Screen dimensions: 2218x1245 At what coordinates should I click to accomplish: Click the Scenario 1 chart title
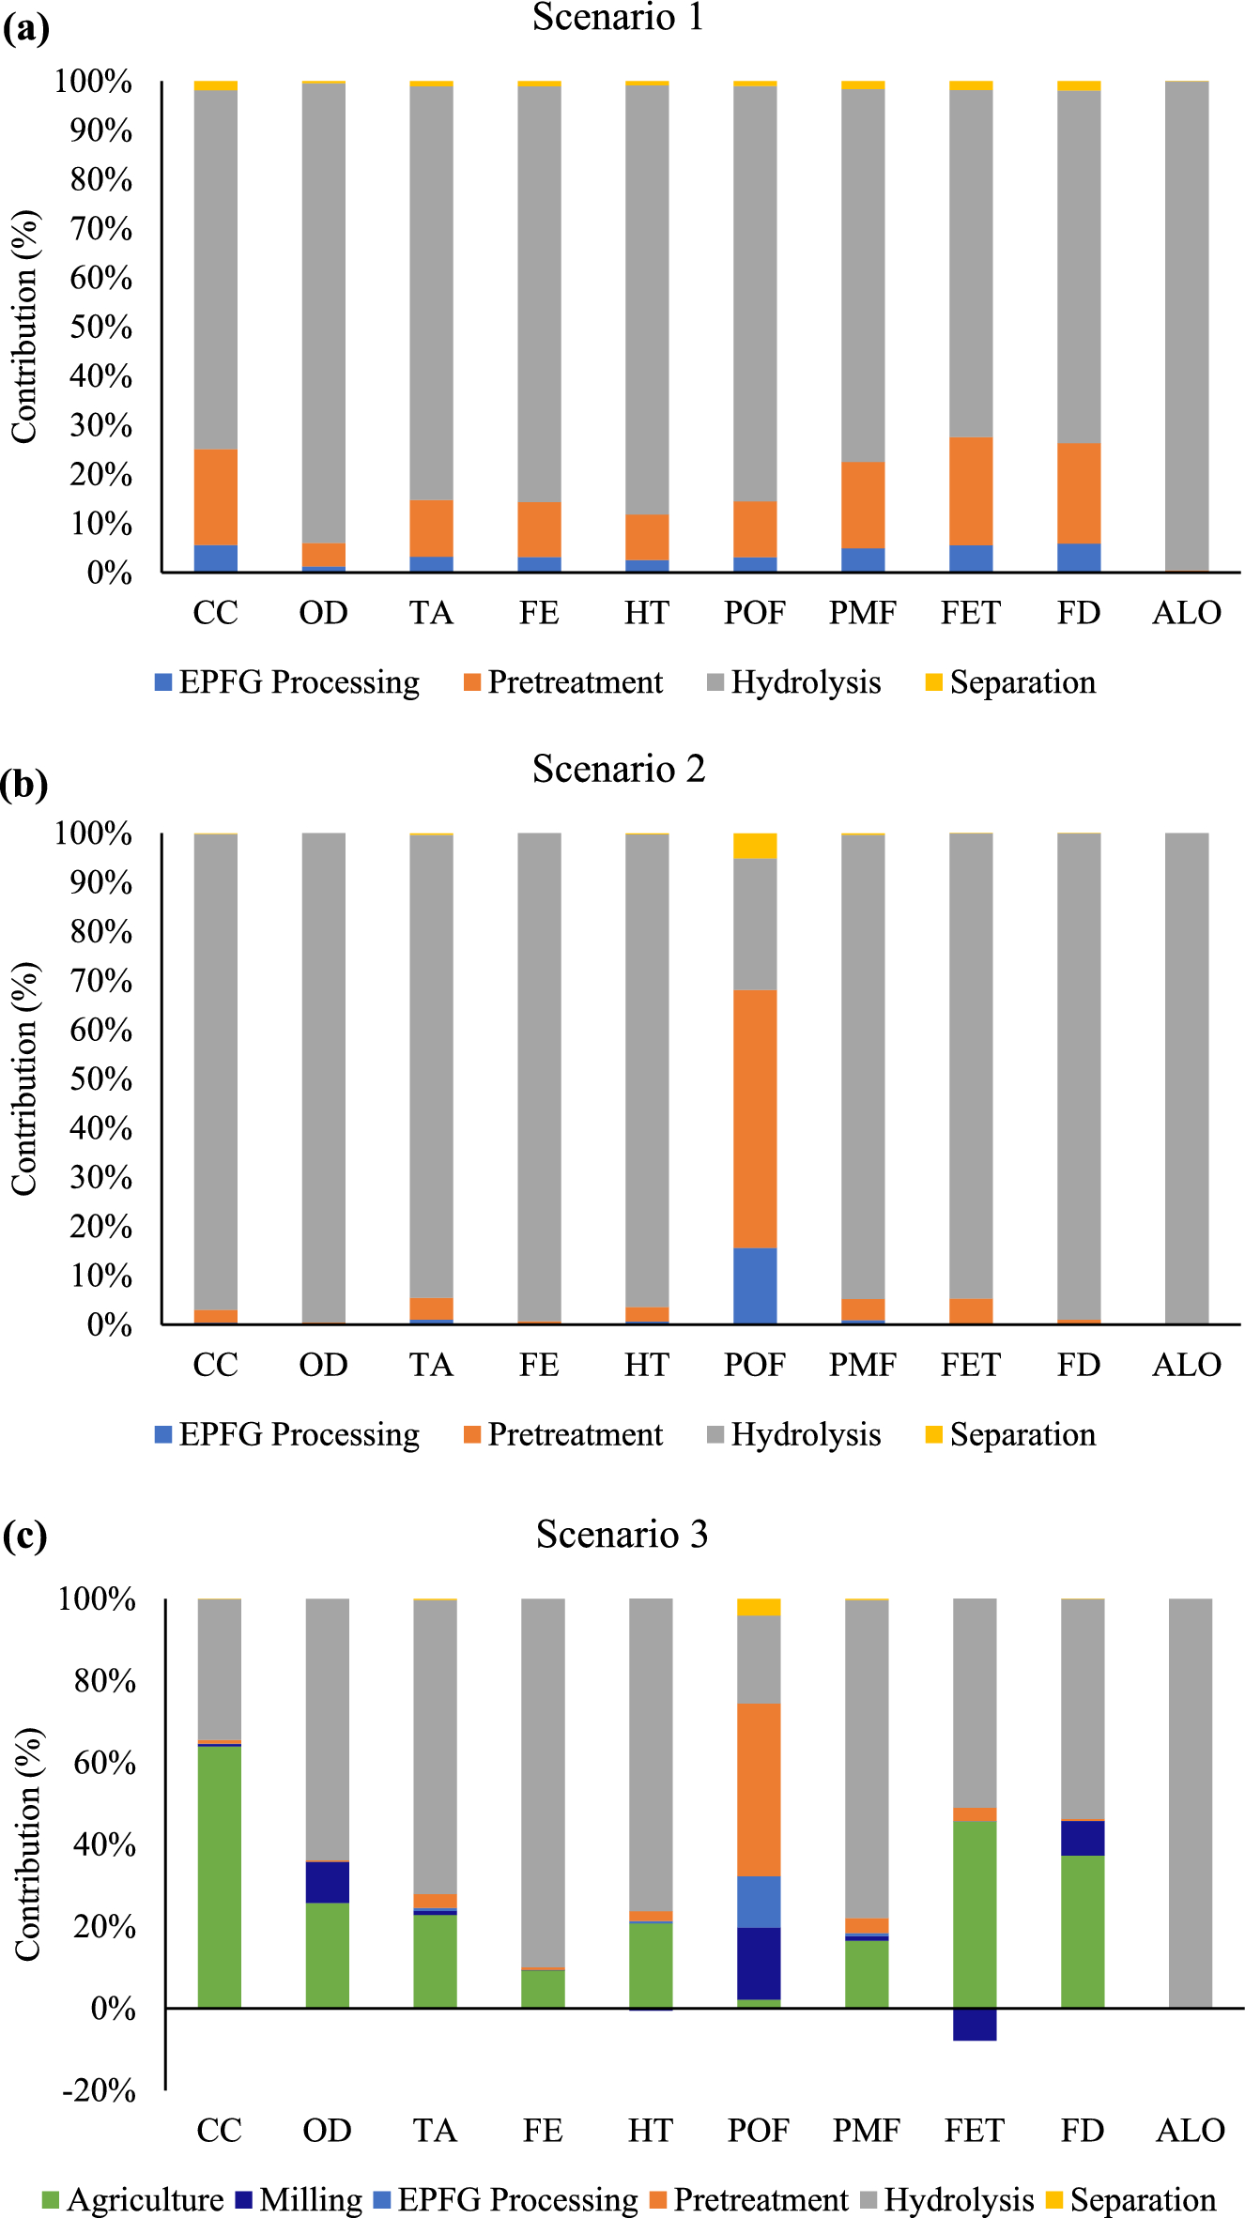click(x=618, y=17)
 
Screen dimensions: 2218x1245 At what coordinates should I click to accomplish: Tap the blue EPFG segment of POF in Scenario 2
click(x=755, y=1285)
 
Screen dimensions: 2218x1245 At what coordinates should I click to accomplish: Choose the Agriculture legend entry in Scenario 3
click(x=132, y=2200)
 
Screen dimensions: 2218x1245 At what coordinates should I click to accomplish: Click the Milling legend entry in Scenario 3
click(x=299, y=2200)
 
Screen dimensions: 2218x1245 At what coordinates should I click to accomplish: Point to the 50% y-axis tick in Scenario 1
click(x=100, y=328)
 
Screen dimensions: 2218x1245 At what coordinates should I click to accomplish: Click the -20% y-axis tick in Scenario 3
click(x=99, y=2091)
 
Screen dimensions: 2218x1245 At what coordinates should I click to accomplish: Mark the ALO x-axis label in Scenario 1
click(x=1187, y=613)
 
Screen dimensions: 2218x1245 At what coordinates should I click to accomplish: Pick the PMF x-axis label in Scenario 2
click(x=862, y=1365)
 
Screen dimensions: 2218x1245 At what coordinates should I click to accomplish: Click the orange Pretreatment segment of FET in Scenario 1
click(x=971, y=490)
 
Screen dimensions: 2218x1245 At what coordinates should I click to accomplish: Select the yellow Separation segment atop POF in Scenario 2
click(x=755, y=846)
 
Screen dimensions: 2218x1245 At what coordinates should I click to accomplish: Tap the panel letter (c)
click(x=25, y=1537)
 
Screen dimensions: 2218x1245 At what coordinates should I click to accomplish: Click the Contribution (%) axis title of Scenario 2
click(x=25, y=1078)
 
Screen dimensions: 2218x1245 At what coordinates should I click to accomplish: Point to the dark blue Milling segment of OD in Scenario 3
click(x=327, y=1882)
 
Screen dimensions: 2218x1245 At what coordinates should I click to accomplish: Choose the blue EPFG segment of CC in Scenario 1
click(x=215, y=558)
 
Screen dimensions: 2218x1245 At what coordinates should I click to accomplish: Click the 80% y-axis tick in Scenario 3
click(x=104, y=1681)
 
